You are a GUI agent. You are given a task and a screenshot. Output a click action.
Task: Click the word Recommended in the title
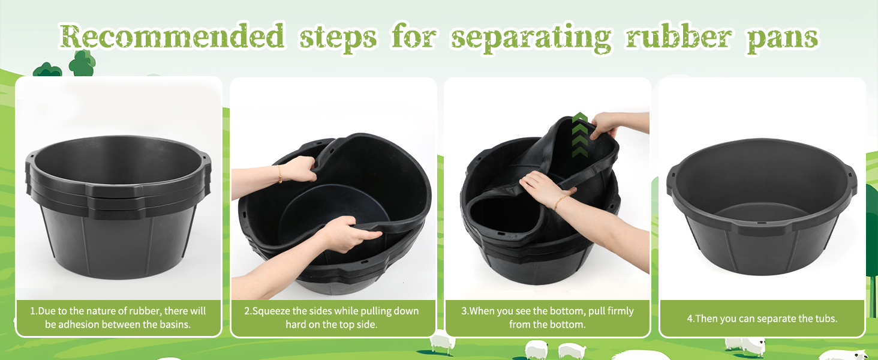point(172,37)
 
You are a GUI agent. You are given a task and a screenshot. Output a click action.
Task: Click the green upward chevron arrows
point(579,134)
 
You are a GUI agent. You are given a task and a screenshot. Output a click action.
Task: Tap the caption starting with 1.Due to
point(118,317)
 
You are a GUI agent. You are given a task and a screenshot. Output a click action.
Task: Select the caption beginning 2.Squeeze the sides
point(332,317)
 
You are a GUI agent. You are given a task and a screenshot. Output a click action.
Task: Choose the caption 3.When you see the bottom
point(547,317)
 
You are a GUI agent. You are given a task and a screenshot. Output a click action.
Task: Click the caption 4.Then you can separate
point(762,319)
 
